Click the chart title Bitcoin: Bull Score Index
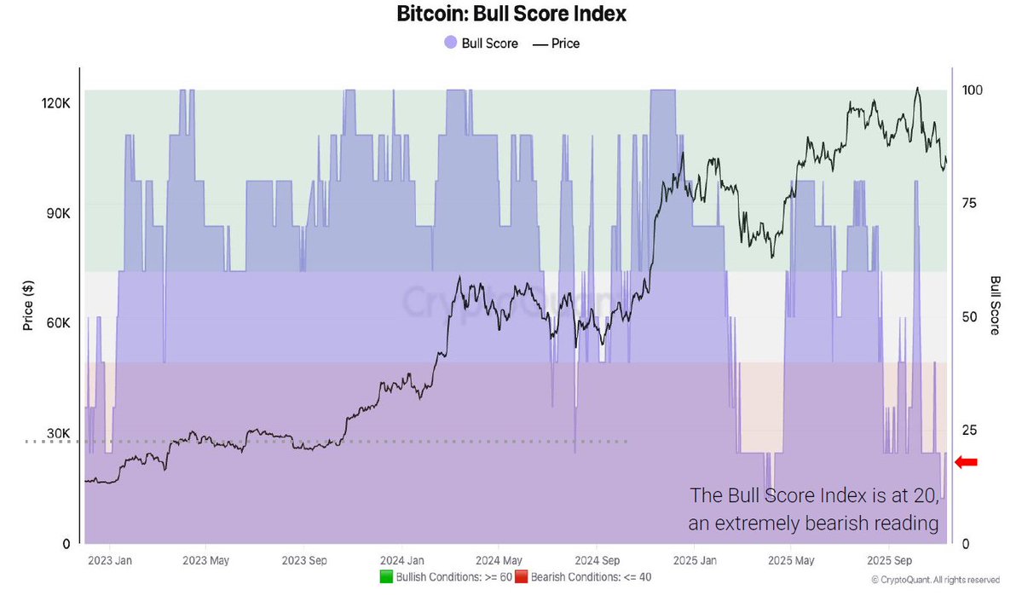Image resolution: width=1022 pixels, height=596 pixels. click(x=511, y=14)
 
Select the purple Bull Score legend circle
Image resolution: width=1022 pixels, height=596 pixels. click(x=450, y=43)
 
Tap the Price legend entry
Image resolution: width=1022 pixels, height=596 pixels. click(x=556, y=43)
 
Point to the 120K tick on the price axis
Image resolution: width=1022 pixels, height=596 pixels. click(x=55, y=102)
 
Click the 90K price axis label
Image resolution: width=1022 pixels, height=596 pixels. click(x=56, y=213)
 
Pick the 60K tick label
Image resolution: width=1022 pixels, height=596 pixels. click(x=56, y=323)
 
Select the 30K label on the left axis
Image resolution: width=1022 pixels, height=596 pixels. click(x=56, y=433)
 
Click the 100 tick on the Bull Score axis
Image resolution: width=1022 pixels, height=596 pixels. click(x=973, y=90)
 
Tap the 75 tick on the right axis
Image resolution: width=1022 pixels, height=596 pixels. click(x=969, y=203)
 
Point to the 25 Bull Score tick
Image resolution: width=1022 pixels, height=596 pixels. click(x=969, y=430)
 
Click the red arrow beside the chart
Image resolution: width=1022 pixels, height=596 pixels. click(x=966, y=462)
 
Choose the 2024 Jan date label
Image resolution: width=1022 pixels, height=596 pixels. click(x=403, y=561)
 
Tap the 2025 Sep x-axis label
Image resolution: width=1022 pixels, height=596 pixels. click(x=890, y=561)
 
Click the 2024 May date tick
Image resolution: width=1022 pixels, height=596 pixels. click(x=499, y=561)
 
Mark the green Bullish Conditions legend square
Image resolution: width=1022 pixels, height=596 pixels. click(x=386, y=577)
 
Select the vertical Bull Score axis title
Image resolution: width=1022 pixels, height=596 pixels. click(x=995, y=304)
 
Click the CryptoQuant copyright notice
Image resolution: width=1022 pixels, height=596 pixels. click(x=935, y=580)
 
